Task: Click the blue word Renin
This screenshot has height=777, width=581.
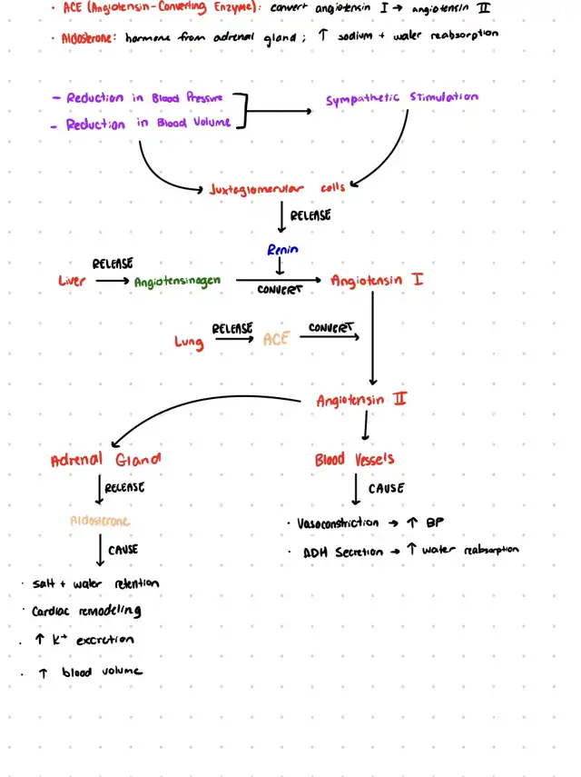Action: click(282, 249)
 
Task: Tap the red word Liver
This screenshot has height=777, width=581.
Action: click(73, 281)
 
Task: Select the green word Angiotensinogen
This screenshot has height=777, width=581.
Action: click(178, 282)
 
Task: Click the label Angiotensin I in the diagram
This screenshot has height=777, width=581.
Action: click(377, 280)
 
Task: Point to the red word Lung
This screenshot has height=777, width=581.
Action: click(189, 342)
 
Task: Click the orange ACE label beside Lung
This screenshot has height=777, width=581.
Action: click(275, 339)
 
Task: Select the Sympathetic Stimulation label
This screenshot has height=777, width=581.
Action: click(402, 98)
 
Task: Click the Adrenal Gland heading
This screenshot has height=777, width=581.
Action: click(106, 460)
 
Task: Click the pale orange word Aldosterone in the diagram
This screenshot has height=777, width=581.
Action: click(100, 521)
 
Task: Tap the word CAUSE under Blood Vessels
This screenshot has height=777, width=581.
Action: click(386, 489)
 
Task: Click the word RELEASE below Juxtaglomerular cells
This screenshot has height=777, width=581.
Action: click(310, 216)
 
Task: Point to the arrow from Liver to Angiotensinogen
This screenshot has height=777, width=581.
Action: click(112, 281)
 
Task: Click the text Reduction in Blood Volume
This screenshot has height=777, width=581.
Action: click(147, 124)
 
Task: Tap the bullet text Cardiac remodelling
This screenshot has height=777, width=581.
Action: click(86, 612)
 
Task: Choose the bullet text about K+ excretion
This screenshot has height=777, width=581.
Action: click(84, 641)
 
